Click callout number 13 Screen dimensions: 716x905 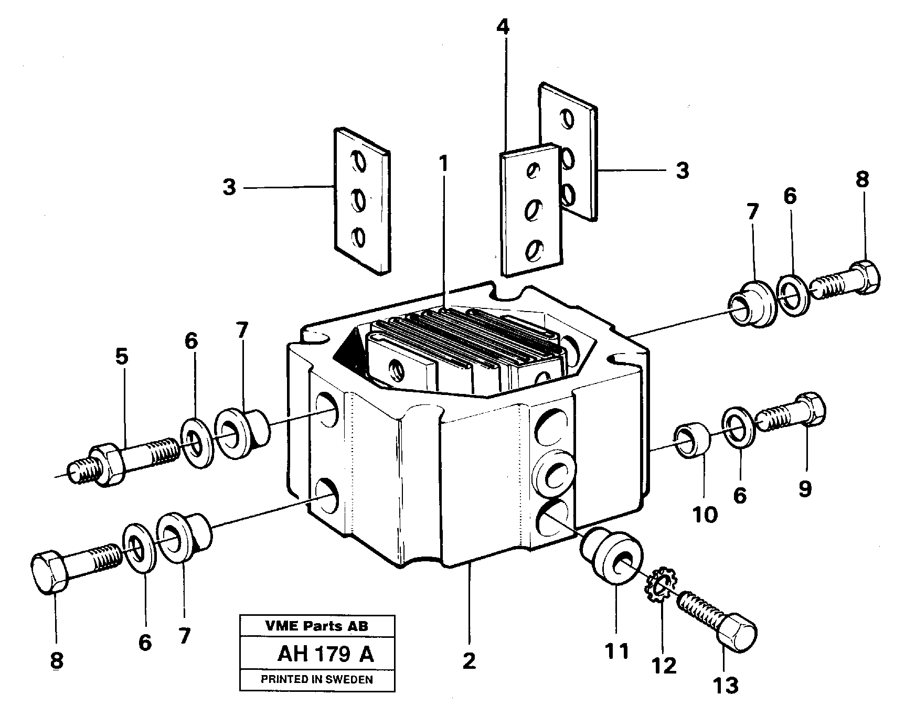tap(726, 686)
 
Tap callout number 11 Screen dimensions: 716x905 tap(616, 652)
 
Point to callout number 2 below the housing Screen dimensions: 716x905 tap(469, 661)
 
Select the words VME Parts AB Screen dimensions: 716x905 tap(317, 626)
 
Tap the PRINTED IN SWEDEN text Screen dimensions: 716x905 tap(317, 679)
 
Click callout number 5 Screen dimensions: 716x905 tap(121, 357)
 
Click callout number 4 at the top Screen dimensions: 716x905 tap(502, 27)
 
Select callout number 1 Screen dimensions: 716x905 tap(444, 165)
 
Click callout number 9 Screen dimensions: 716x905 tap(804, 489)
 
